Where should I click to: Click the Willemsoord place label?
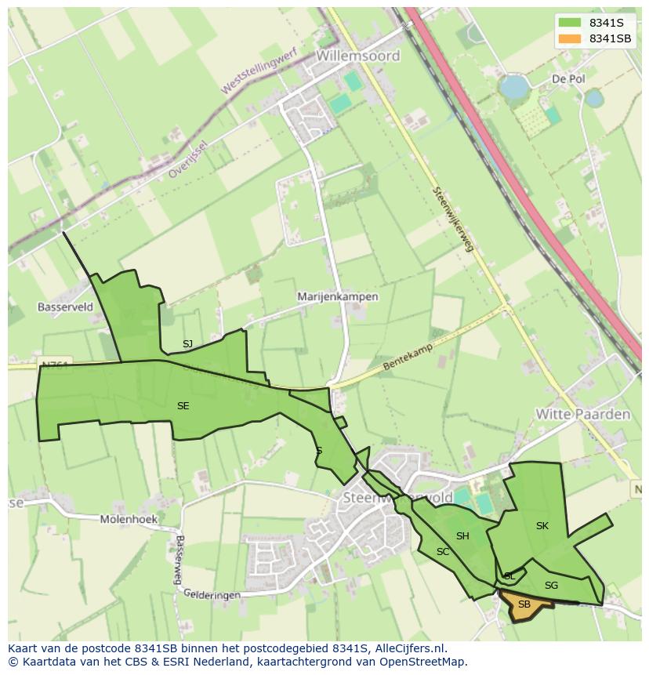tap(358, 56)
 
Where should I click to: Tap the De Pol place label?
tap(568, 79)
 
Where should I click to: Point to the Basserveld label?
tap(65, 307)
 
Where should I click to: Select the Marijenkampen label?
tap(338, 297)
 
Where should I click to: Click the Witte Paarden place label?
tap(582, 414)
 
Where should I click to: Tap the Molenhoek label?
tap(129, 519)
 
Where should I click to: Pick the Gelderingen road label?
tap(212, 595)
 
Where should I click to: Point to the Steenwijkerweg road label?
tap(453, 219)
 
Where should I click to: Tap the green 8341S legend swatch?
tap(570, 22)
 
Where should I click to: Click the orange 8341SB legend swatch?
tap(570, 38)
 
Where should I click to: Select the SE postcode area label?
tap(183, 406)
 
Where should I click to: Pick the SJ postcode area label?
tap(187, 344)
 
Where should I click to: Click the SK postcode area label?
tap(542, 526)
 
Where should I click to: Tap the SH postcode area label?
tap(462, 536)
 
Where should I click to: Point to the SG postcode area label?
tap(551, 586)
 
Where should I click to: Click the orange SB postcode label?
tap(524, 604)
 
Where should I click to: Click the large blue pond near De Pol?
tap(514, 86)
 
